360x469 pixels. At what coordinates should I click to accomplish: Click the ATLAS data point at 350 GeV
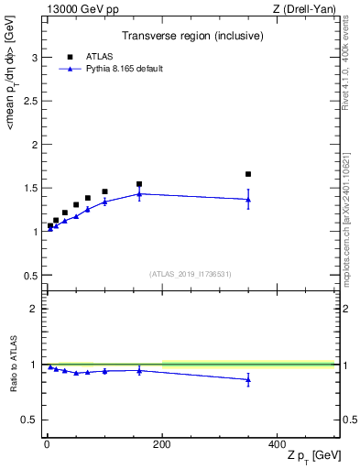(x=248, y=174)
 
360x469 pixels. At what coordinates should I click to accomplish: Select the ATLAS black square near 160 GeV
(x=139, y=184)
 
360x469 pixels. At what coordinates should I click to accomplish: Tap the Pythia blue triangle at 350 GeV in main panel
(x=248, y=199)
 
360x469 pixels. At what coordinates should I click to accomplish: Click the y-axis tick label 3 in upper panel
(x=34, y=58)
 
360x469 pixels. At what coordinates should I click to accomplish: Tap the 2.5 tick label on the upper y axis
(x=30, y=101)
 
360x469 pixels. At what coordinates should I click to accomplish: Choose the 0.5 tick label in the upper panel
(x=30, y=275)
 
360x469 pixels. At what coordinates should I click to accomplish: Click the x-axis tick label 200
(x=162, y=443)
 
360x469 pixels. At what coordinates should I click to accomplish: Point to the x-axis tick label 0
(x=47, y=443)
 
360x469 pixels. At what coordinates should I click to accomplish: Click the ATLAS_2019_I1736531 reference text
(x=191, y=274)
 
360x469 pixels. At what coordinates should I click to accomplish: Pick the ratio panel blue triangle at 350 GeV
(x=248, y=379)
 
